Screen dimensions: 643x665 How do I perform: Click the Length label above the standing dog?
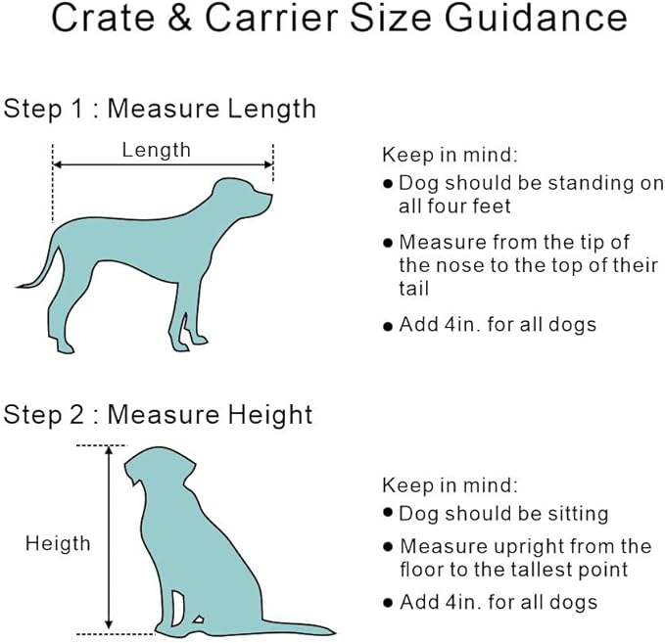point(156,150)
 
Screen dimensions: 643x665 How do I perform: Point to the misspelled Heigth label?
point(58,543)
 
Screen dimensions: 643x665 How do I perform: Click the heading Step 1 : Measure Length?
point(160,108)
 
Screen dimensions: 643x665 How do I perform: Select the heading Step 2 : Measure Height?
point(158,414)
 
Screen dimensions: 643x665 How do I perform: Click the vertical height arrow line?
point(109,537)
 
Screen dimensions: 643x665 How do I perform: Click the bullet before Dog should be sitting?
point(389,514)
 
